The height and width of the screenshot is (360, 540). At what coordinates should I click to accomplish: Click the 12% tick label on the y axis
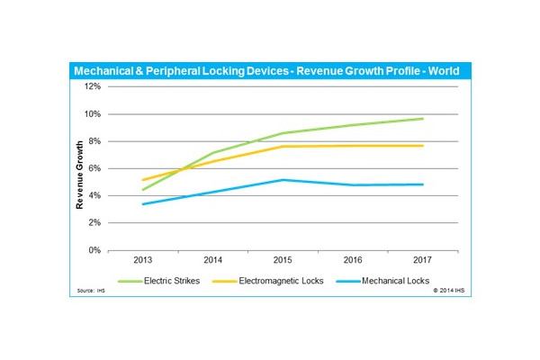pyautogui.click(x=93, y=86)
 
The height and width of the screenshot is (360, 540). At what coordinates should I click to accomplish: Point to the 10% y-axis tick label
pyautogui.click(x=93, y=114)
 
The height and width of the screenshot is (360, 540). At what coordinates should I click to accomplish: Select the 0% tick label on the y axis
pyautogui.click(x=94, y=250)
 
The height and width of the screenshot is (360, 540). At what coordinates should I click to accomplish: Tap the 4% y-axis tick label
pyautogui.click(x=94, y=196)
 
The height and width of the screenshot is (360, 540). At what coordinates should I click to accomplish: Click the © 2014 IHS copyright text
pyautogui.click(x=448, y=292)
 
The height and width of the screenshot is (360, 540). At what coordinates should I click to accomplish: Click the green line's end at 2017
pyautogui.click(x=423, y=119)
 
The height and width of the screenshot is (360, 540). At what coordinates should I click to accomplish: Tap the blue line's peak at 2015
pyautogui.click(x=283, y=180)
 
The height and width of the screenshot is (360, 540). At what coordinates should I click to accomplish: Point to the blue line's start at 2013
pyautogui.click(x=144, y=204)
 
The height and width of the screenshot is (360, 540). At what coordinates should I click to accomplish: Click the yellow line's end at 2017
pyautogui.click(x=423, y=145)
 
